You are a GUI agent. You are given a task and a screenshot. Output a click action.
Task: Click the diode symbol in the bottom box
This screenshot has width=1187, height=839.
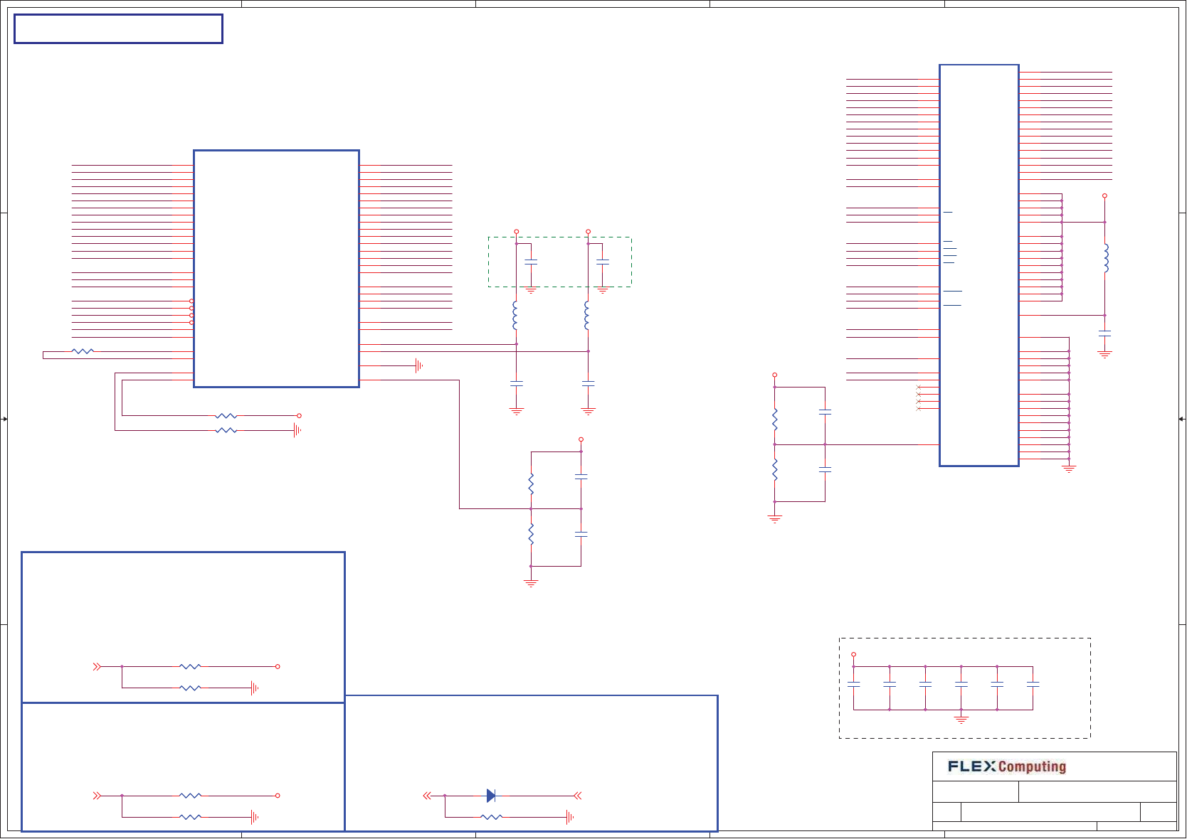pos(491,796)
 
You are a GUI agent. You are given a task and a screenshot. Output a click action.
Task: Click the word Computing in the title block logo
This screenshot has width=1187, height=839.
pos(1032,766)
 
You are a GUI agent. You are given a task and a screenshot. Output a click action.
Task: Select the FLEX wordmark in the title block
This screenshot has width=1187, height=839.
pos(972,766)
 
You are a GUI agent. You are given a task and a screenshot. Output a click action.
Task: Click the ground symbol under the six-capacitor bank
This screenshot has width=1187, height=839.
pos(961,720)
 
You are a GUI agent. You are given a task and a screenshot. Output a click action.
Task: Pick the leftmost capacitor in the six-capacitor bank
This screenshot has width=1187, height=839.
pos(854,684)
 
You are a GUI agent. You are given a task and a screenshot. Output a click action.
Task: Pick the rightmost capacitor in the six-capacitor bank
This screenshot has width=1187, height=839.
pos(1033,684)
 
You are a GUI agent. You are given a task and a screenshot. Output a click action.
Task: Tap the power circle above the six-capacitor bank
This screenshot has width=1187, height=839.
pos(854,655)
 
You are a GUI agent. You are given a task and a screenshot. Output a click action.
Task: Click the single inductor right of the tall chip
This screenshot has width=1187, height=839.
pos(1105,258)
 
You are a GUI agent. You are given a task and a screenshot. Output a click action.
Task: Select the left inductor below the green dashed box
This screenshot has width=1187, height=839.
pos(516,315)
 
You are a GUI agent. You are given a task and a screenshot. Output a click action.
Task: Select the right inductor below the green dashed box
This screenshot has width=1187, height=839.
pos(587,315)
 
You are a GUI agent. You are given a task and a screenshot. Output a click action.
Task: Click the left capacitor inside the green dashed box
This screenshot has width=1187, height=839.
pos(531,262)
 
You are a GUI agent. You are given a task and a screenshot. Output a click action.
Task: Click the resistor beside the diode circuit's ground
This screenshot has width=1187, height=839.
pos(492,818)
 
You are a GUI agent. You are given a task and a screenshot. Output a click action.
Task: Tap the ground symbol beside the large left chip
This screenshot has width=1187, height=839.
pos(419,366)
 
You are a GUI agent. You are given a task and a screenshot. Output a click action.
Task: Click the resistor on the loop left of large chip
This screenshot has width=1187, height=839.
pos(83,351)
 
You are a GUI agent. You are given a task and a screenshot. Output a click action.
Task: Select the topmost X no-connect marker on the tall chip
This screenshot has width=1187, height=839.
pos(919,388)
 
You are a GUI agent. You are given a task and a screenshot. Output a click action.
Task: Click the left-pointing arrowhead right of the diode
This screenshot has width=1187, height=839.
pos(578,796)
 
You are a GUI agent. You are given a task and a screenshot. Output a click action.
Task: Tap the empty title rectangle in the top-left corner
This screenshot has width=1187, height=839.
pos(118,29)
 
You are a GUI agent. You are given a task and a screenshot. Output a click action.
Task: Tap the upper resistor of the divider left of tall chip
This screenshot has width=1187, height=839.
pos(775,419)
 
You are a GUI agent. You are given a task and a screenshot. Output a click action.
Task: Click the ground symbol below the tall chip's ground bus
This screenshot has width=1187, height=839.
pos(1069,469)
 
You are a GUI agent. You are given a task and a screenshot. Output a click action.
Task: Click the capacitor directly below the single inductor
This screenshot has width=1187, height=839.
pos(1105,333)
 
